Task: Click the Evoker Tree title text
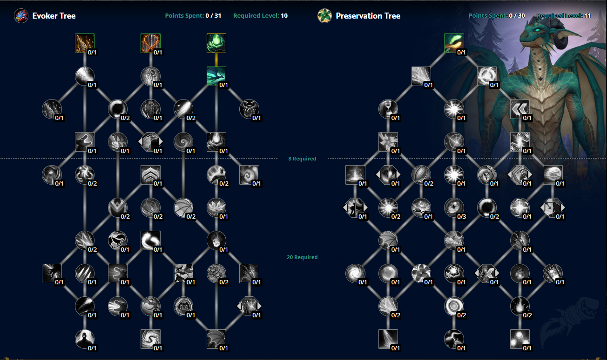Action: pos(54,16)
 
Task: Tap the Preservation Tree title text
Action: pos(368,16)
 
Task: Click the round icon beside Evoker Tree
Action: pos(21,16)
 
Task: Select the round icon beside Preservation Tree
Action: pos(324,16)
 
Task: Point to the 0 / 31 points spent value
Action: pos(213,16)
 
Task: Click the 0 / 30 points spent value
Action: pos(517,16)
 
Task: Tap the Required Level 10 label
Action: pos(260,16)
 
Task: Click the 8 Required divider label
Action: pos(302,159)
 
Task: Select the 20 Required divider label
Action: pos(302,257)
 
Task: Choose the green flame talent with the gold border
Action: pos(216,43)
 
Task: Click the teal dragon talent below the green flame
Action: pos(216,76)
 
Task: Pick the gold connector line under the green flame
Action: pos(216,60)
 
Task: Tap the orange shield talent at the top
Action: pos(150,43)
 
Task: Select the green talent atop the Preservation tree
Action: pos(454,43)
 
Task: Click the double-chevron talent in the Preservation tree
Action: pos(520,109)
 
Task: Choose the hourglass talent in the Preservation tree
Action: pos(388,109)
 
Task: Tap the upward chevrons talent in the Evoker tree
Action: pos(150,174)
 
